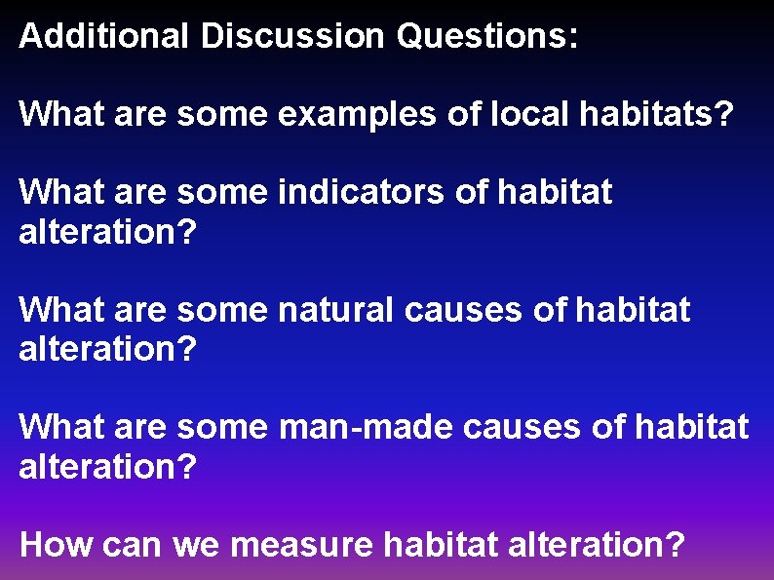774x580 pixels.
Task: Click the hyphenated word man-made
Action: point(366,427)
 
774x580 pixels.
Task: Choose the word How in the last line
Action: point(52,544)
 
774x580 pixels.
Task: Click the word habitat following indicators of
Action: point(555,193)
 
